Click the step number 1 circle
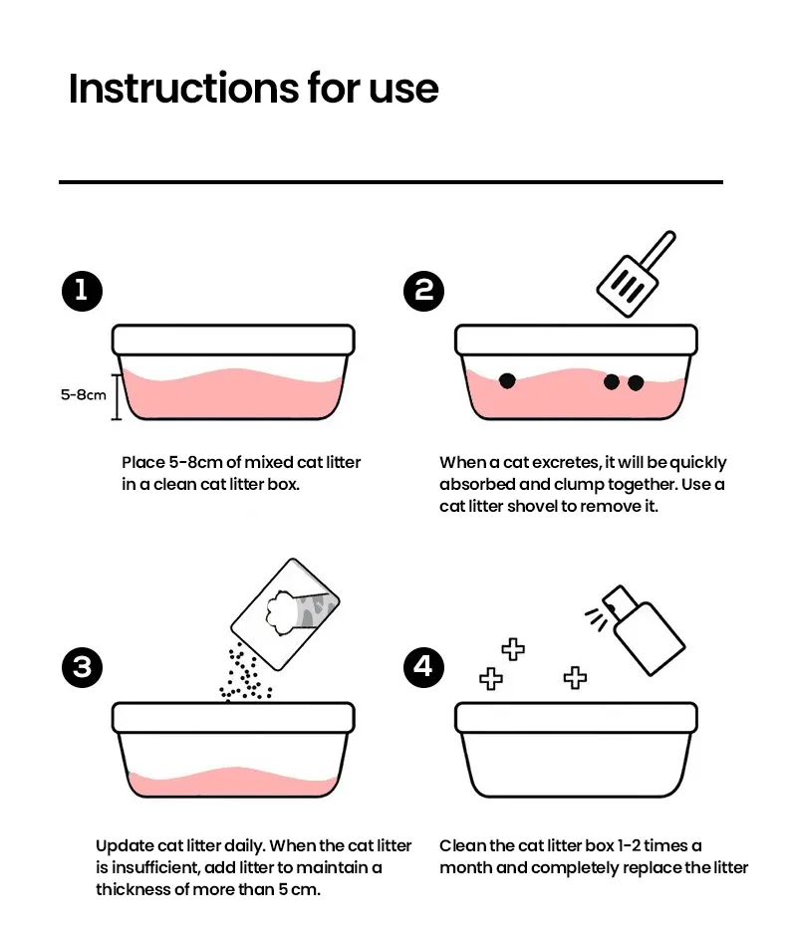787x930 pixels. tap(82, 290)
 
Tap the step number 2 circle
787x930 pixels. tap(424, 290)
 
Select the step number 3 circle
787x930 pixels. tap(82, 666)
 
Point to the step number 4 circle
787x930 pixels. tap(424, 666)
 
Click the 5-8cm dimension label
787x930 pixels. tap(83, 394)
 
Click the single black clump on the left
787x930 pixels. tap(507, 380)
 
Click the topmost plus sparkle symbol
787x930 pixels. tap(513, 650)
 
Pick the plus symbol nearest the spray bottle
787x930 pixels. tap(575, 678)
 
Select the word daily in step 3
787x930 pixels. tap(241, 845)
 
